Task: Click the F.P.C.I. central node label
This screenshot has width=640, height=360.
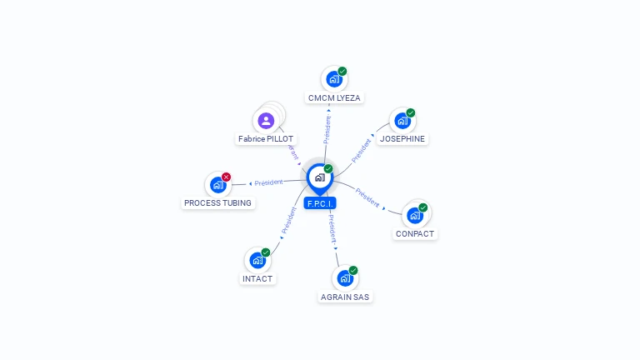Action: [320, 203]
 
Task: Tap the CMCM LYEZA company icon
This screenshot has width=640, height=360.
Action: [333, 80]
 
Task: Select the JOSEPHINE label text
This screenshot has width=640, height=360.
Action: [402, 139]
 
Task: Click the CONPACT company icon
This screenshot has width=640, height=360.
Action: [414, 216]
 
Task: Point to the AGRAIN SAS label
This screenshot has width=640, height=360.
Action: [344, 297]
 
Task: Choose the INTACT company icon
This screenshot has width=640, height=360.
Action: [257, 260]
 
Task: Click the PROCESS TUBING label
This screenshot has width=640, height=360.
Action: [217, 202]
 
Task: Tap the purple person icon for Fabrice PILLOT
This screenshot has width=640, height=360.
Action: [266, 122]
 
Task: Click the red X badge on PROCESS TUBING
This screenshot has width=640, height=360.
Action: [226, 177]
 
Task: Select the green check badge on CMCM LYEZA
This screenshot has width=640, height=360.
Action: [342, 71]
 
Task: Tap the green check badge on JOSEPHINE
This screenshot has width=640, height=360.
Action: [411, 112]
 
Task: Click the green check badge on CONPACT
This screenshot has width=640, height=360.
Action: [423, 207]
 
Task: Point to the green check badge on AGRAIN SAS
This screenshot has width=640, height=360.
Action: [353, 270]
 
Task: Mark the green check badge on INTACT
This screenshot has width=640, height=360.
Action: [266, 252]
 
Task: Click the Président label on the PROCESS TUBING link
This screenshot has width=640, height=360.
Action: [269, 182]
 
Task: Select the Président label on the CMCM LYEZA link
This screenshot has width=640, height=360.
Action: [327, 130]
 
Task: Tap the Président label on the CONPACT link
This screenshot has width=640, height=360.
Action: [367, 197]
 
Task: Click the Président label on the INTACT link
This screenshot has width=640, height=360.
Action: [289, 220]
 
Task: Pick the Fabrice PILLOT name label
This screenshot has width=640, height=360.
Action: [266, 139]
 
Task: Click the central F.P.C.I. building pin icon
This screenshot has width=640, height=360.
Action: [319, 177]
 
